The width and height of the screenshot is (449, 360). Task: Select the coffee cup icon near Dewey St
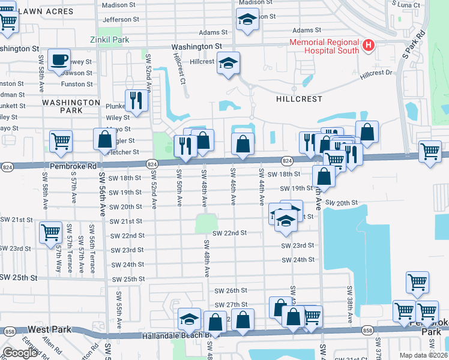(x=59, y=61)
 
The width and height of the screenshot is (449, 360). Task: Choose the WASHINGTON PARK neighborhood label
(x=71, y=107)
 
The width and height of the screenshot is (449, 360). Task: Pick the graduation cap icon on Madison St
(x=247, y=20)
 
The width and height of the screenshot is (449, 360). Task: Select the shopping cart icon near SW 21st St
(x=50, y=232)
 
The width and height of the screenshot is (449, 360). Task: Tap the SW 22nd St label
(x=229, y=233)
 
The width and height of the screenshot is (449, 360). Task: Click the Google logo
(x=20, y=353)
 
